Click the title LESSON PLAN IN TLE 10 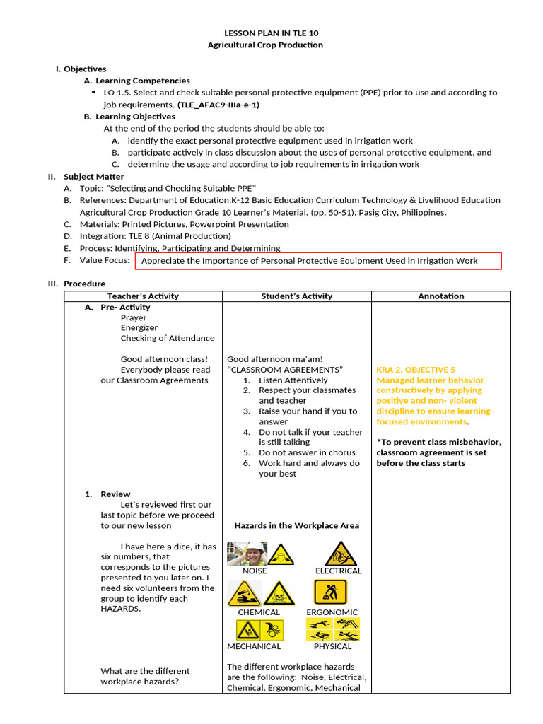click(265, 33)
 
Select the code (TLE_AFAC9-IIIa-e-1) click(218, 105)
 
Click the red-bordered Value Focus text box click(320, 261)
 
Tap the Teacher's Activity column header click(143, 296)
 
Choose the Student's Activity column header click(296, 296)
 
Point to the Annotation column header click(440, 296)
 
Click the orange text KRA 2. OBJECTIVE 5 click(416, 370)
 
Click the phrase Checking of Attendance click(167, 338)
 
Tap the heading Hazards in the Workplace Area click(296, 525)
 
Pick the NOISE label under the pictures click(255, 571)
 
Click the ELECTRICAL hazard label click(338, 571)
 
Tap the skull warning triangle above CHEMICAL click(279, 594)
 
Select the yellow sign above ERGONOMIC click(330, 592)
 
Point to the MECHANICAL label click(254, 646)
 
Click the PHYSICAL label click(332, 646)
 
